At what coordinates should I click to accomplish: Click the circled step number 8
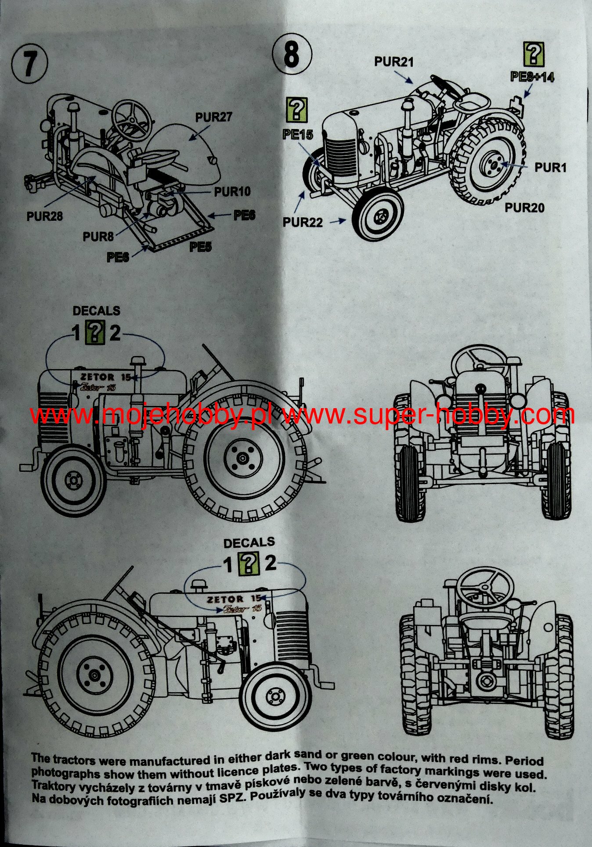pos(292,54)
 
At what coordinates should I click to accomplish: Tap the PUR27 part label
pos(213,117)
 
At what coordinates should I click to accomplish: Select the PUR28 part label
pos(44,216)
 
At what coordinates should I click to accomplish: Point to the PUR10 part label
pos(232,191)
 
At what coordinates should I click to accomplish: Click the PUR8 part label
pos(98,237)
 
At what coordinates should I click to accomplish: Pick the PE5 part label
pos(201,247)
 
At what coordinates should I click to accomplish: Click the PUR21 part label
pos(394,62)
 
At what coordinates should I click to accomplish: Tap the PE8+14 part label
pos(532,77)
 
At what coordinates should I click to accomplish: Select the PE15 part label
pos(298,135)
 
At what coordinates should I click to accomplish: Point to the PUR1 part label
pos(550,167)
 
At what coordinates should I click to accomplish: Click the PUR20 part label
pos(524,207)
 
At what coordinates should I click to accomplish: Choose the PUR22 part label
pos(303,222)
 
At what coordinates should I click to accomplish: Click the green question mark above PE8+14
pos(534,55)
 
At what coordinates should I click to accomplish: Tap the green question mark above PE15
pos(297,110)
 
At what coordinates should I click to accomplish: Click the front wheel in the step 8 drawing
pos(377,214)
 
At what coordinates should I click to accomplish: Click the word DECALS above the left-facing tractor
pos(96,311)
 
